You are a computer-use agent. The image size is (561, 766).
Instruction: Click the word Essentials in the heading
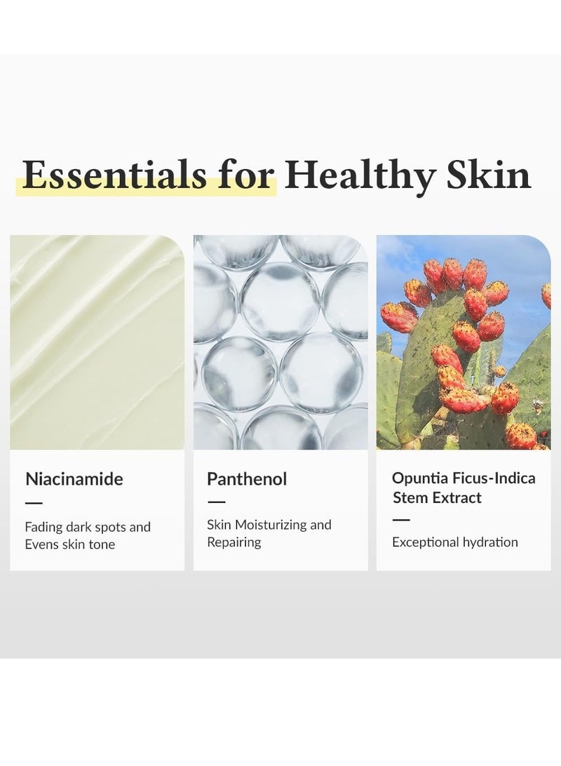coord(115,175)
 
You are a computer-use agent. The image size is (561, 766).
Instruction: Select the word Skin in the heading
coord(489,175)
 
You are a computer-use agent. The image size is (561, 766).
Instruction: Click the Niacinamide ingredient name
coord(74,478)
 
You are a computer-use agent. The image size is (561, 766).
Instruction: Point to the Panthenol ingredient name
coord(247,478)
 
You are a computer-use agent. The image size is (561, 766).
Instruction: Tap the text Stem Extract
coord(437,498)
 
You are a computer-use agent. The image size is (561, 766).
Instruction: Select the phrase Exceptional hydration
coord(455,542)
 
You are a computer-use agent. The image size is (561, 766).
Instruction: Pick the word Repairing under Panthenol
coord(234,542)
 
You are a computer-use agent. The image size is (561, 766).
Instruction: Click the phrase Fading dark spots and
coord(88,527)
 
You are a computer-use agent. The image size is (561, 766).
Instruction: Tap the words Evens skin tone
coord(70,544)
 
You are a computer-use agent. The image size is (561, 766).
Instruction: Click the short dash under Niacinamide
coord(34,503)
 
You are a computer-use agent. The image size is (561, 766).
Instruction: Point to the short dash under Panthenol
coord(216,502)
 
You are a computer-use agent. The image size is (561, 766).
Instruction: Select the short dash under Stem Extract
coord(401,520)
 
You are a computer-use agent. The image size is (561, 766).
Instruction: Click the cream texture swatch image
coord(97,342)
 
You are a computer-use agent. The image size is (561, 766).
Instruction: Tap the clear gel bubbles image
coord(280,342)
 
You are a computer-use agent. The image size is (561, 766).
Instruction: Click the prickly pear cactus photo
coord(464,342)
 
